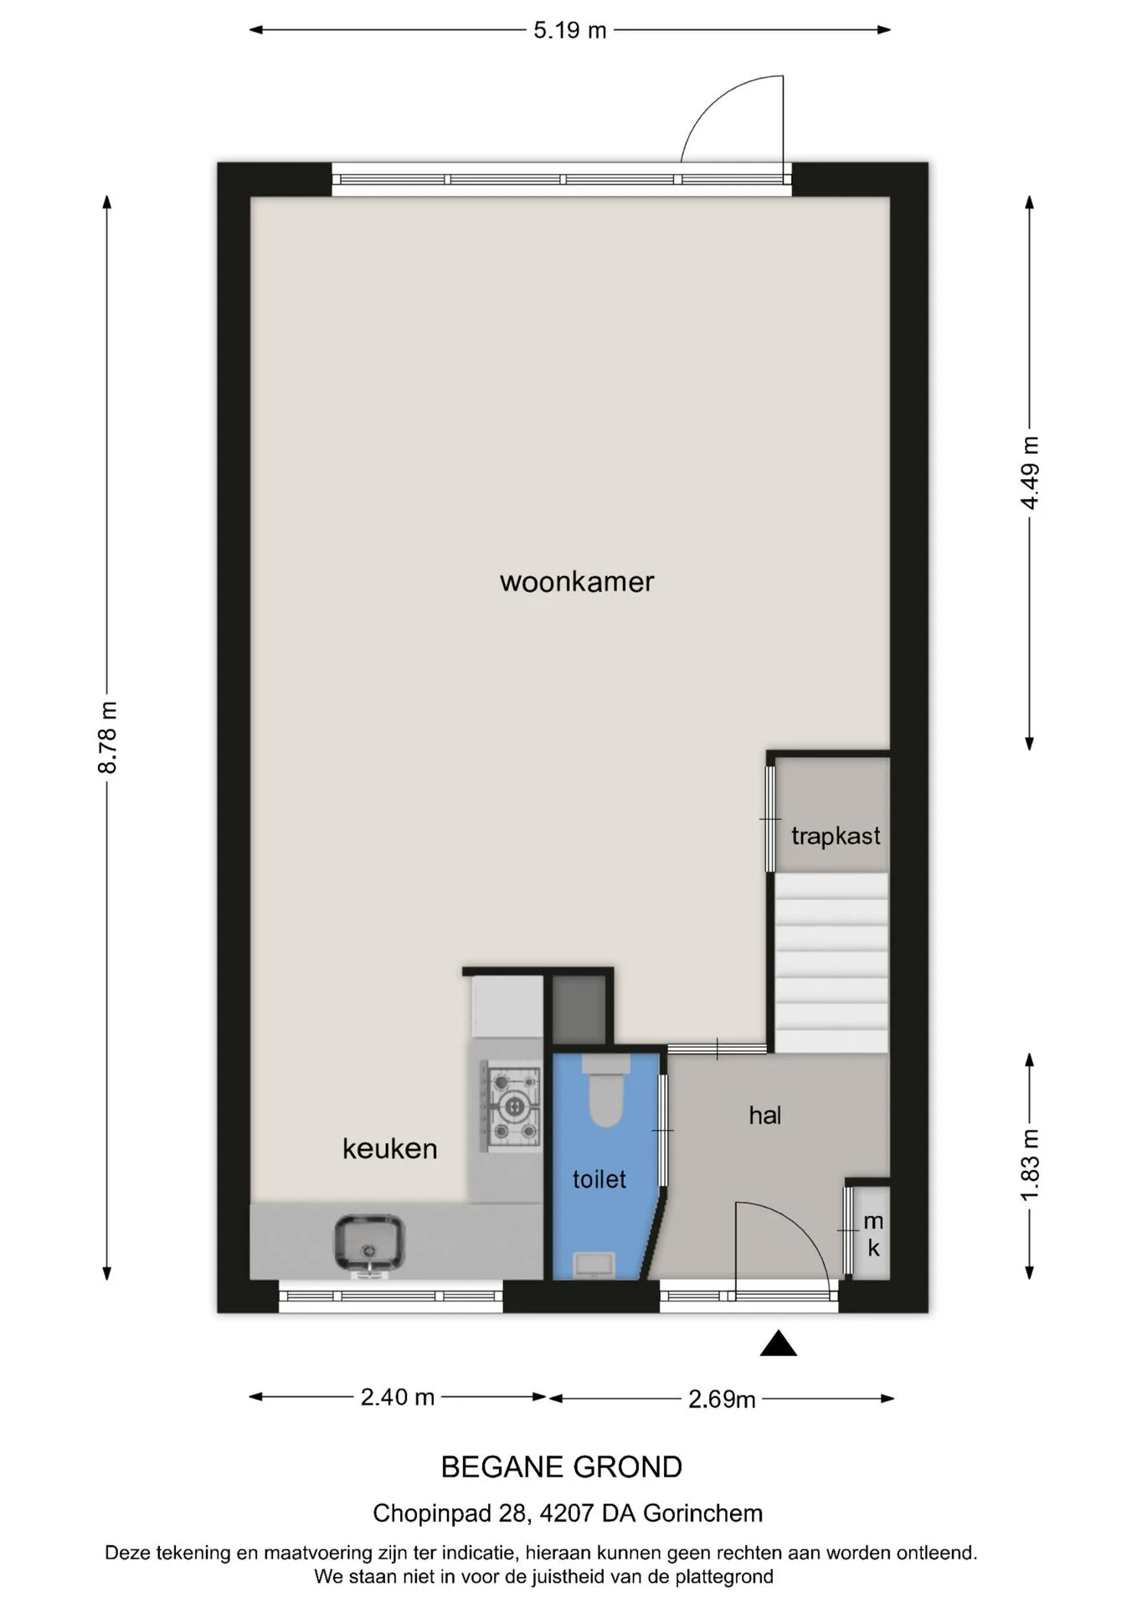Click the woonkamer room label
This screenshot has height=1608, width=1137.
[577, 582]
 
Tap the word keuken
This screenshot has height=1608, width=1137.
[390, 1148]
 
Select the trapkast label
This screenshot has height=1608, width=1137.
[836, 836]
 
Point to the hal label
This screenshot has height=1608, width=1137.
[765, 1115]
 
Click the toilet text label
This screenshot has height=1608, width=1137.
[599, 1179]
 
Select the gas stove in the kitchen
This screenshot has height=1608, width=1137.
[510, 1106]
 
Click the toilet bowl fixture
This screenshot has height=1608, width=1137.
[605, 1091]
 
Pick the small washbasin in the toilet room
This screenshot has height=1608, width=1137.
[594, 1265]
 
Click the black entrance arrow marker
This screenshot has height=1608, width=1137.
[778, 1343]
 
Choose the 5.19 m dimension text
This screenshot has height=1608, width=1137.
[570, 31]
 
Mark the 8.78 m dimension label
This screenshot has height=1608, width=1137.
[107, 738]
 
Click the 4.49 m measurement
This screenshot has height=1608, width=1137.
[1030, 473]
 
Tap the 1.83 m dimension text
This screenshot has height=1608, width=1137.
[1030, 1165]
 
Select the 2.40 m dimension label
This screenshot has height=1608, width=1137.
[398, 1397]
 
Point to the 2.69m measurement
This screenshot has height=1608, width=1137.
[722, 1399]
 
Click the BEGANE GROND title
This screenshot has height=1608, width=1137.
[562, 1467]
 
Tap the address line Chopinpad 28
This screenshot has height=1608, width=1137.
[568, 1513]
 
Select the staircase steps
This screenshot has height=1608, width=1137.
[831, 962]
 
